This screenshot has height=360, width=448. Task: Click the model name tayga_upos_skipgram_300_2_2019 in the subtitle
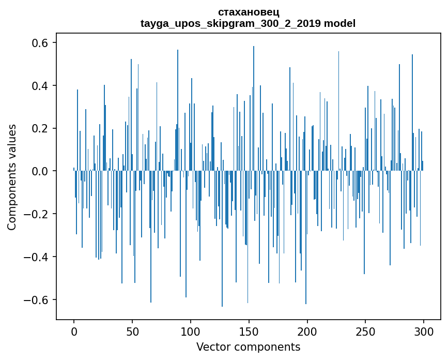pos(229,23)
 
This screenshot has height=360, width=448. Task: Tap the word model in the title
pos(338,23)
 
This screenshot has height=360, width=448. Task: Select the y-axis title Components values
pos(11,177)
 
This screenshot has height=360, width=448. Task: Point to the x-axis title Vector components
pos(248,347)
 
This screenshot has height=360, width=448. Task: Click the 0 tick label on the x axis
pos(74,331)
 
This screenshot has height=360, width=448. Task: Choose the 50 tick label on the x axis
pos(132,331)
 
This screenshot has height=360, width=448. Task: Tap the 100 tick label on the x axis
pos(191,331)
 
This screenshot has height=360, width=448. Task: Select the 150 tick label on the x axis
pos(249,331)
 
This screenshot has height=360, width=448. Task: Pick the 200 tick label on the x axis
pos(307,331)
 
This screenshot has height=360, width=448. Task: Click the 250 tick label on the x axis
pos(366,331)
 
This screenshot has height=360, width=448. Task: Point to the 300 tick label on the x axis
pos(424,331)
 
